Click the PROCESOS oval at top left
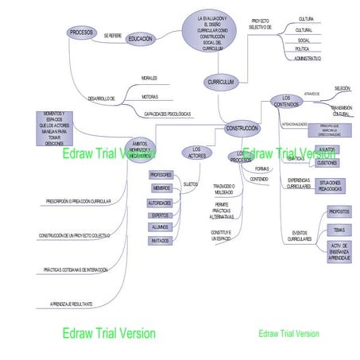tap(81, 33)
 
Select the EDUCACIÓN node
tap(141, 38)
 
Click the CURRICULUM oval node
tap(220, 82)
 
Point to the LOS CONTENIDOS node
tap(287, 100)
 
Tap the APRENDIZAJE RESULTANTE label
tap(72, 304)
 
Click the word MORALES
tap(149, 78)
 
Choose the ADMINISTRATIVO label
tap(307, 59)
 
